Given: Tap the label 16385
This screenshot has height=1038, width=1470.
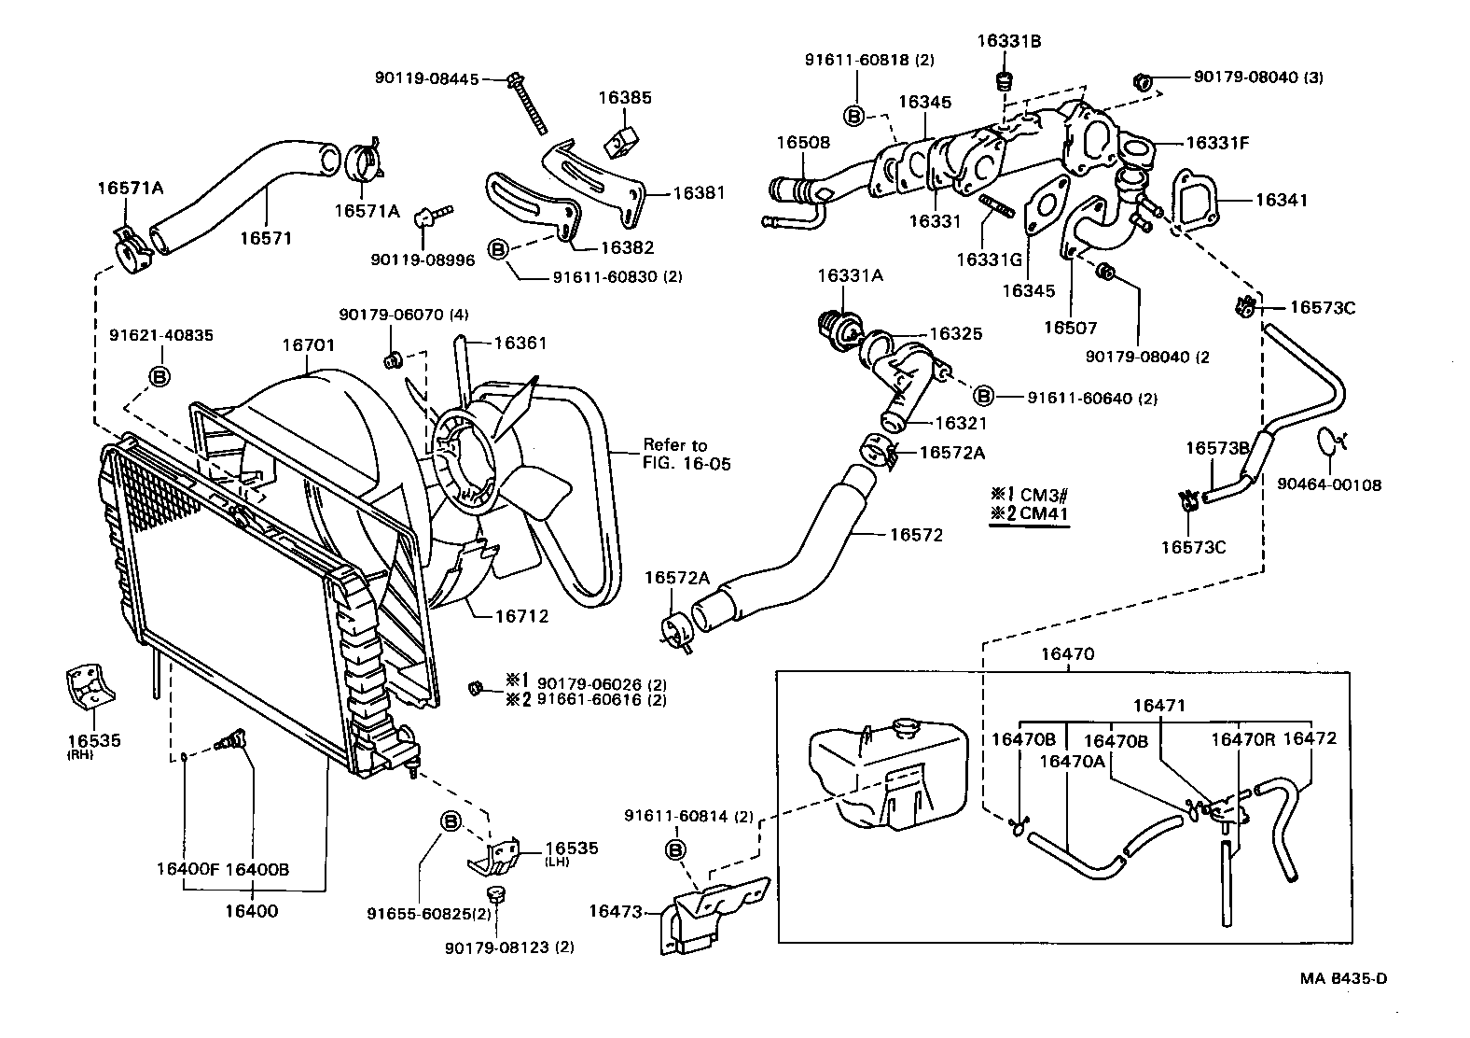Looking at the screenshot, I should [625, 98].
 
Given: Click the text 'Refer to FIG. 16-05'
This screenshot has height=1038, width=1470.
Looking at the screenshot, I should [686, 454].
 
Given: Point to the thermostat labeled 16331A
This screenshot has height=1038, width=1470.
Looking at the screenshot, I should [829, 327].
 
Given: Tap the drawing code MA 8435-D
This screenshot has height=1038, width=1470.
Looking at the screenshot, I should [1343, 978].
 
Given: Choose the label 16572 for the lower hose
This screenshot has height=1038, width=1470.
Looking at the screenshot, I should [916, 535].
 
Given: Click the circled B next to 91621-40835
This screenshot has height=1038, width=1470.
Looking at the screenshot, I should [159, 376].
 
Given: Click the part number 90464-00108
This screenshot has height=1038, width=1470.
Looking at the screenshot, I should [1329, 484].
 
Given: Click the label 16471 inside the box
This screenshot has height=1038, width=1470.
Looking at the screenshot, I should [1158, 706].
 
